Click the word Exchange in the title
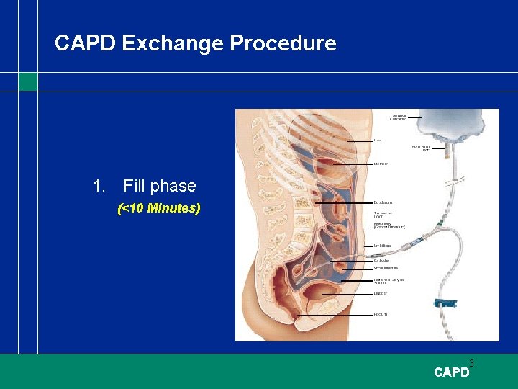click(x=173, y=44)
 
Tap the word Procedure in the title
click(x=283, y=44)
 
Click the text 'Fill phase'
click(x=159, y=186)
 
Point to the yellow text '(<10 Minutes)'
click(x=158, y=209)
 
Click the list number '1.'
click(x=100, y=186)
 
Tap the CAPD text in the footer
click(x=451, y=372)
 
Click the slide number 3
click(x=471, y=362)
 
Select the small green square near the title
click(x=28, y=81)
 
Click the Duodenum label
click(x=383, y=202)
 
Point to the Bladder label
click(x=381, y=293)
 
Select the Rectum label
click(x=381, y=315)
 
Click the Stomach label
click(x=381, y=164)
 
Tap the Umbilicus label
click(x=383, y=246)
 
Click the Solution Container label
click(x=399, y=116)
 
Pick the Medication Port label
click(x=420, y=148)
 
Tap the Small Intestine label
click(x=386, y=268)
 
